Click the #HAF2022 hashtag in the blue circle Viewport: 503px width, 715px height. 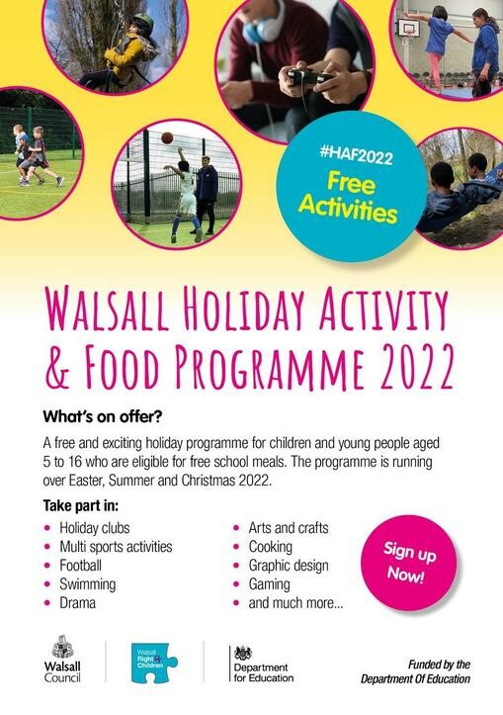pyautogui.click(x=356, y=154)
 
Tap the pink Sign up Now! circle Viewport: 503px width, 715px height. pyautogui.click(x=408, y=563)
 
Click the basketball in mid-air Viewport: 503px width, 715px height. pyautogui.click(x=167, y=137)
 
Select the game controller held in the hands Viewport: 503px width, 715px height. pyautogui.click(x=307, y=76)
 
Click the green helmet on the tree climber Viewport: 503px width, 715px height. pyautogui.click(x=142, y=21)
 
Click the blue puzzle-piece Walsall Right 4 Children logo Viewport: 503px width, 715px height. pyautogui.click(x=154, y=663)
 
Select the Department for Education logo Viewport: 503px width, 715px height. pyautogui.click(x=262, y=664)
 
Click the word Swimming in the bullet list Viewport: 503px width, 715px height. pyautogui.click(x=88, y=584)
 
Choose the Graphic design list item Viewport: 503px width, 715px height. pyautogui.click(x=289, y=566)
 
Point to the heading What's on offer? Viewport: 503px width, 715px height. pyautogui.click(x=103, y=416)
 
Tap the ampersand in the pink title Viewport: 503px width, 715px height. pyautogui.click(x=58, y=368)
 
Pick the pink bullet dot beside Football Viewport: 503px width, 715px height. pyautogui.click(x=47, y=566)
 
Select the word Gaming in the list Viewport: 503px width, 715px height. pyautogui.click(x=269, y=584)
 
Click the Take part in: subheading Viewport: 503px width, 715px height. pyautogui.click(x=81, y=505)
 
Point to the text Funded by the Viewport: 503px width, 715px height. pyautogui.click(x=439, y=665)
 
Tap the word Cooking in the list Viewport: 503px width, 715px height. pyautogui.click(x=270, y=547)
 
